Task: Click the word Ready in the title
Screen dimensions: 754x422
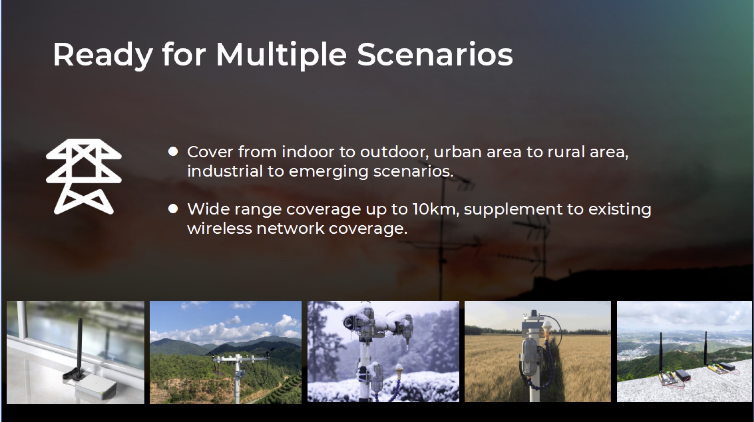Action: [103, 55]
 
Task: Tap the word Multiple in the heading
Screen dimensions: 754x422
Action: [281, 55]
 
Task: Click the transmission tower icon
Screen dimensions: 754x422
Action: [84, 177]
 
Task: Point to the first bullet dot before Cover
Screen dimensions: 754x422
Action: [173, 152]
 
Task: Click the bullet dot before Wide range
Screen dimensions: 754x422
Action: [173, 209]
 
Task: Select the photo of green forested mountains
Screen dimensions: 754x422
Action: [226, 352]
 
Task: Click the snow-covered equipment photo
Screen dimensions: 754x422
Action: [383, 351]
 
